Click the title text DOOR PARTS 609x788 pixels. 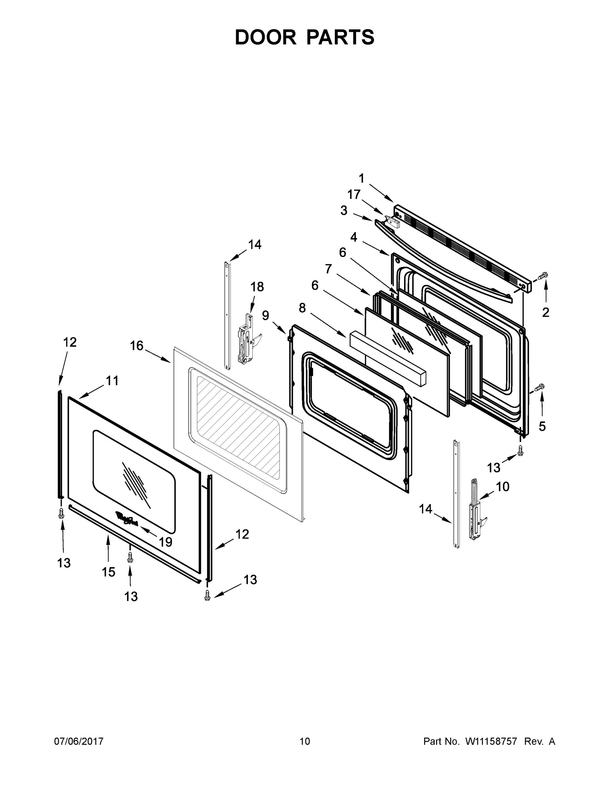(x=305, y=37)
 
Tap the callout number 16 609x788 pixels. (x=137, y=346)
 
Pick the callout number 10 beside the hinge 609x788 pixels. (x=503, y=487)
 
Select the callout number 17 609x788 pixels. (x=354, y=194)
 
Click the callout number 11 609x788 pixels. (x=112, y=380)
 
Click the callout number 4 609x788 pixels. (x=354, y=237)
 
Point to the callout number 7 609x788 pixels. (x=328, y=269)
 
